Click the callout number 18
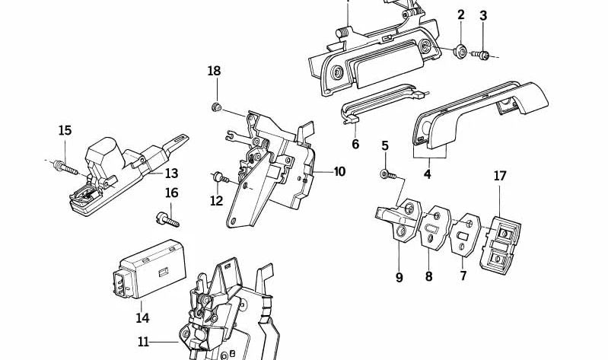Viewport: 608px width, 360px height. tap(214, 71)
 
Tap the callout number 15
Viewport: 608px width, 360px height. tap(65, 130)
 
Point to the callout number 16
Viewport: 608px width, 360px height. tap(172, 193)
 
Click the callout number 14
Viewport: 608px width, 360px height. tap(142, 317)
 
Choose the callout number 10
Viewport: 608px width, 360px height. tap(339, 172)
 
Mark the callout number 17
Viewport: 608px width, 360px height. tap(499, 175)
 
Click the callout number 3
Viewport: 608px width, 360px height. tap(482, 15)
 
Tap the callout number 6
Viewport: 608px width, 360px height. tap(355, 144)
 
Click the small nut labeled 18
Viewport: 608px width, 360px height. tap(216, 104)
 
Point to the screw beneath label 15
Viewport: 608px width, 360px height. tap(64, 164)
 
